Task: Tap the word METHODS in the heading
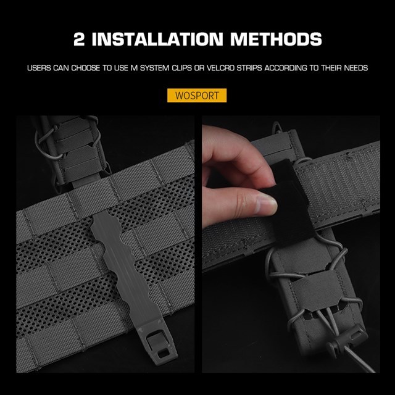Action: pos(275,40)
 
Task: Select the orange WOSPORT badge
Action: pos(197,96)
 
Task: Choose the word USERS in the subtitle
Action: pos(39,67)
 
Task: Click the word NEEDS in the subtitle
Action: pos(357,67)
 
